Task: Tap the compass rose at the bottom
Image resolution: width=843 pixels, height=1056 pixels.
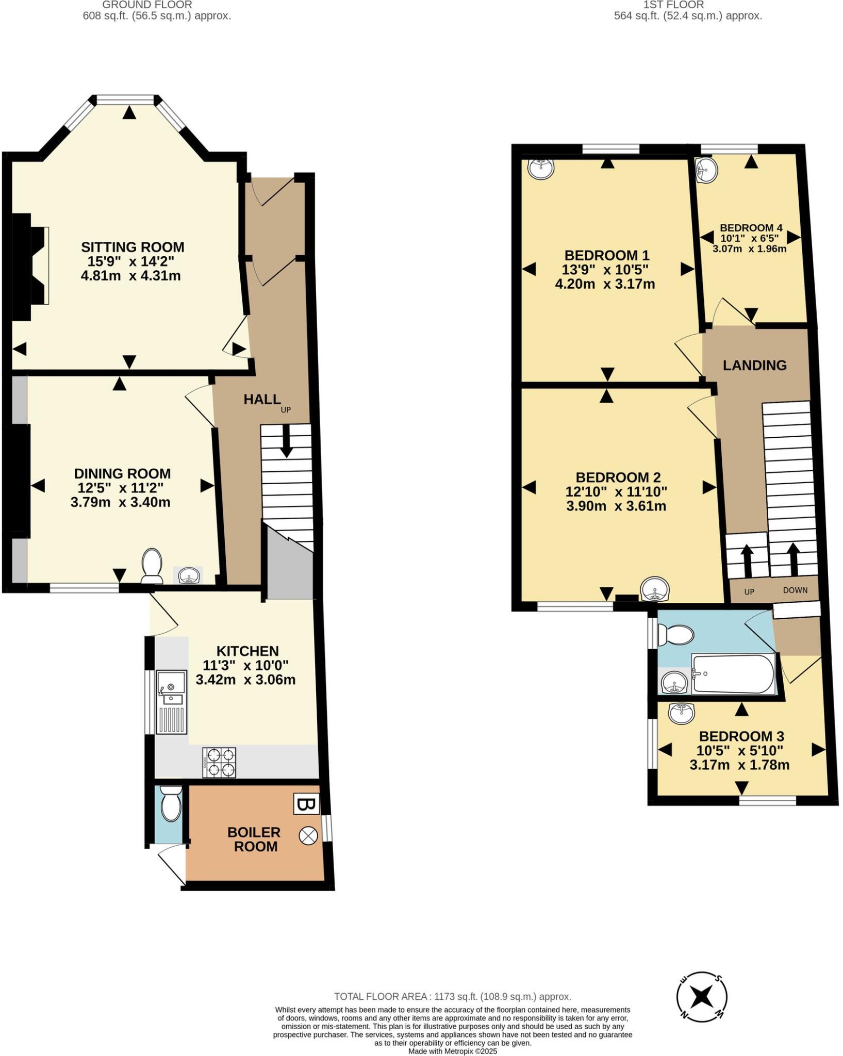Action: (702, 996)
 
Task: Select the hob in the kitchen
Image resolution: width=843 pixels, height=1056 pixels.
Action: (220, 762)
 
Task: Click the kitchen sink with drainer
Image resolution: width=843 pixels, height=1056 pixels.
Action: (171, 701)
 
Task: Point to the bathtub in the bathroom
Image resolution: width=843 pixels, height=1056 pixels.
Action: (733, 674)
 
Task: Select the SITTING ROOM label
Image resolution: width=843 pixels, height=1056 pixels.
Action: (133, 247)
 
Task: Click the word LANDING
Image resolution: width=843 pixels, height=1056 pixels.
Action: (754, 365)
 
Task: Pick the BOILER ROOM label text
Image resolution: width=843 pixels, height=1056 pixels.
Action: (255, 839)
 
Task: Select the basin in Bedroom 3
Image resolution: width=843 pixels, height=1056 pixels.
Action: (682, 713)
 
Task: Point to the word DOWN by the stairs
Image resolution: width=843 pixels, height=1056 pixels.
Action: (795, 590)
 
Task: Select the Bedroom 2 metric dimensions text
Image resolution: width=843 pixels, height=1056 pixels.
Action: (616, 506)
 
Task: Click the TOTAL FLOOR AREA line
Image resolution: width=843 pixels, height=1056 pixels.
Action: (452, 997)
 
